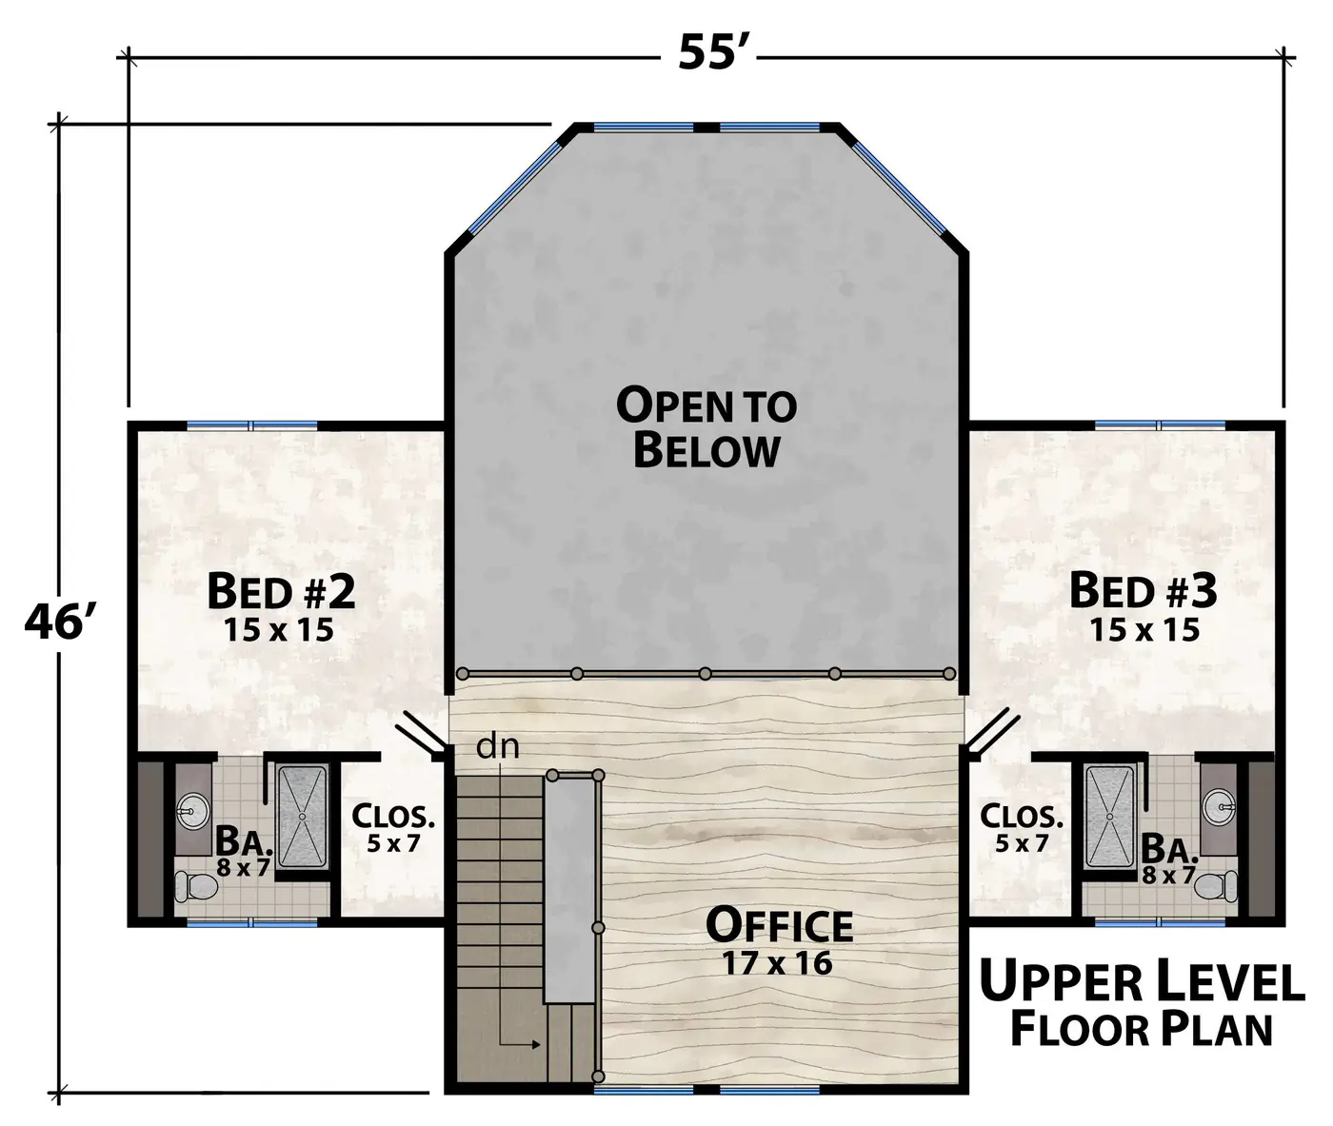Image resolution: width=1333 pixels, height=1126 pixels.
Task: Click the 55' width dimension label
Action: click(x=708, y=52)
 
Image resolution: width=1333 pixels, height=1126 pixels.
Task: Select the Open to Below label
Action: click(x=706, y=427)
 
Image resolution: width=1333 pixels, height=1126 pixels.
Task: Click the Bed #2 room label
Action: click(x=281, y=591)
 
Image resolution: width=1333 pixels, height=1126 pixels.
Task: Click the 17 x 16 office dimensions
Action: click(x=778, y=963)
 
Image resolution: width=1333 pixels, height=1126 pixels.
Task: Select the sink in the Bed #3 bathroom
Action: click(x=1219, y=806)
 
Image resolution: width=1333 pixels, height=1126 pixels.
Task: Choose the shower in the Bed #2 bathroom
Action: click(x=302, y=817)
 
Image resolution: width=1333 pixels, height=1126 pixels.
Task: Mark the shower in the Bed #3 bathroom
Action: click(x=1109, y=817)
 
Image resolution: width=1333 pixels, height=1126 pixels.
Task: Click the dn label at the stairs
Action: click(x=497, y=747)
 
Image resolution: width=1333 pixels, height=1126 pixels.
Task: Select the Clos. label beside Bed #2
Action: click(x=393, y=817)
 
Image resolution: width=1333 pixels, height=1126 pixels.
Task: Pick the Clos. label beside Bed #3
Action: click(x=1022, y=816)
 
